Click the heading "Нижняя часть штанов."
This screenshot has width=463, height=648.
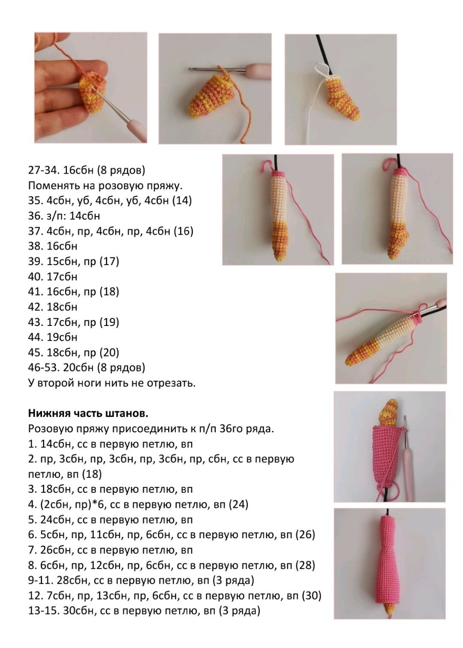[x=88, y=413]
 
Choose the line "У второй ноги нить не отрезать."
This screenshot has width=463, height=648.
[x=111, y=383]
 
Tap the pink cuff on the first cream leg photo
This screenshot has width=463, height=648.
[x=279, y=175]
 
